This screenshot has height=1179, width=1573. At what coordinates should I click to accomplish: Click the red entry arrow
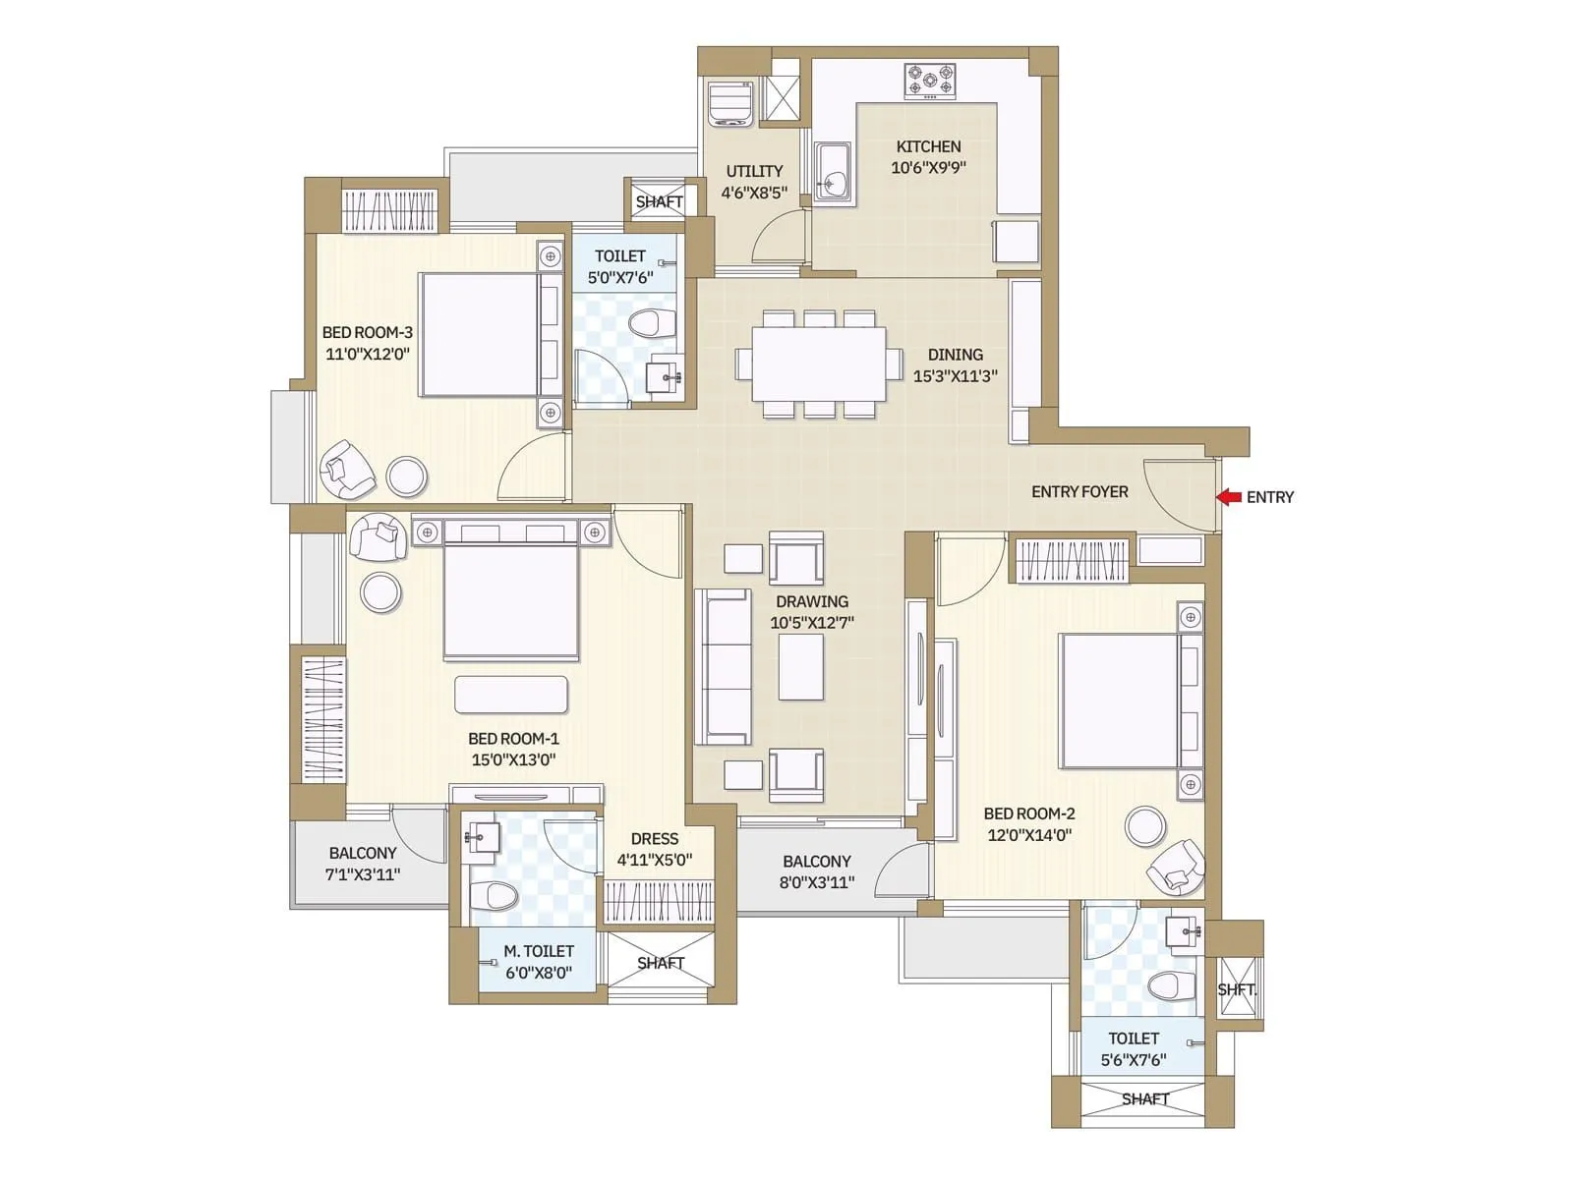1228,497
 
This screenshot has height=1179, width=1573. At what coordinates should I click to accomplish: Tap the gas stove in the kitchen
929,82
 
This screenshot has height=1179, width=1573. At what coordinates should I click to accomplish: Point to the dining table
818,364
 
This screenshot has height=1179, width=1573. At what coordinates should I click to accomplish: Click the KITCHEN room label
928,146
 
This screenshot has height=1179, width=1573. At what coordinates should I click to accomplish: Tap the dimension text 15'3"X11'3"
955,375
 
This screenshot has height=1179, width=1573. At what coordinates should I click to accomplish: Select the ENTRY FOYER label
1078,491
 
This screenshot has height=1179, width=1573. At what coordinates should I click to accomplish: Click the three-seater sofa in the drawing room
723,668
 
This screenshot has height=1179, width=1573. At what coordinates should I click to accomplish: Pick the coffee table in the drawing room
800,667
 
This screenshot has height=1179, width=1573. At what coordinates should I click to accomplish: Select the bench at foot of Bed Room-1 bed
510,694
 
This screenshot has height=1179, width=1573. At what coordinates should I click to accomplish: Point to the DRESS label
654,838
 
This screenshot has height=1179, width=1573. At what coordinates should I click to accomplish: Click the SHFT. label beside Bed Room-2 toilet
1236,989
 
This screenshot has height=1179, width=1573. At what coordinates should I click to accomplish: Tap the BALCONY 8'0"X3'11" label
816,871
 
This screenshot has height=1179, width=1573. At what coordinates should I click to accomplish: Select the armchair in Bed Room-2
1176,869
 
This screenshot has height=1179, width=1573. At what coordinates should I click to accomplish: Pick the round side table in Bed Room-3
406,477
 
